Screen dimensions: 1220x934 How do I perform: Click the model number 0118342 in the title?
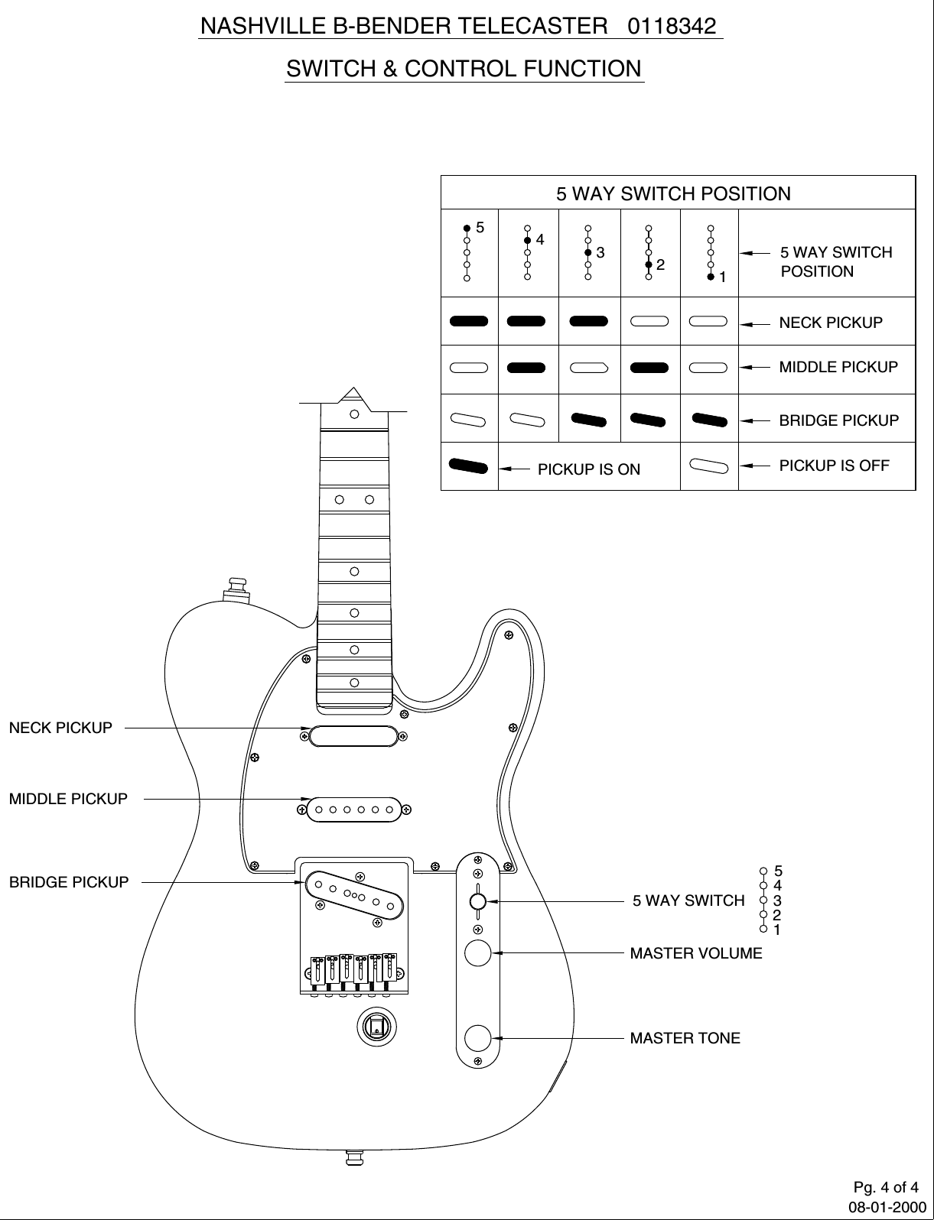click(672, 27)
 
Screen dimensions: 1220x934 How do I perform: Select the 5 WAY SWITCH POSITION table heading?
click(673, 193)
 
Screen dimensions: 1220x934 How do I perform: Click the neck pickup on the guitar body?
click(353, 735)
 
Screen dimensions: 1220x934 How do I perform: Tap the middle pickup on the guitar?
click(353, 809)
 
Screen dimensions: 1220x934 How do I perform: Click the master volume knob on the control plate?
click(478, 953)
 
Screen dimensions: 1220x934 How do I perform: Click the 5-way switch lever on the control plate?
click(477, 902)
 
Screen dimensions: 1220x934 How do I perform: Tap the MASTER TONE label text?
click(685, 1038)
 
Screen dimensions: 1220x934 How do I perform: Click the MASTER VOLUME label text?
click(695, 953)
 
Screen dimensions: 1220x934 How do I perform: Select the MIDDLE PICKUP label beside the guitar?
click(68, 799)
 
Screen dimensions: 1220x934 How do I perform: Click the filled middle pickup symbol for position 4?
click(527, 368)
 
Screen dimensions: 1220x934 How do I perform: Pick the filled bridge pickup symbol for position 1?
click(709, 419)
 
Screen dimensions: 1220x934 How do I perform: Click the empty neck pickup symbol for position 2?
click(649, 321)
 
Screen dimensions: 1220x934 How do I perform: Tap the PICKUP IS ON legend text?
click(589, 469)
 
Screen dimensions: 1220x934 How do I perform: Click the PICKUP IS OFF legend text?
click(834, 465)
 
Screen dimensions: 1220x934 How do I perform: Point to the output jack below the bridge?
click(376, 1027)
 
